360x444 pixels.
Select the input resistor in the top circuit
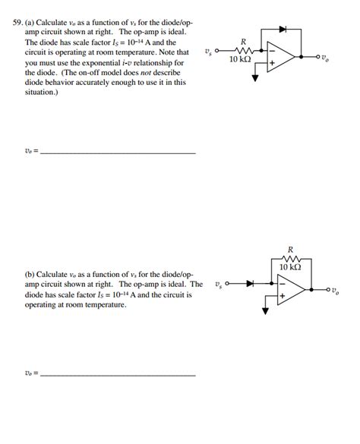[243, 51]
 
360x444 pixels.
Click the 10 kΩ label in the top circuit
[240, 60]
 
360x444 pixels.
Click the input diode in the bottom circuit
[248, 284]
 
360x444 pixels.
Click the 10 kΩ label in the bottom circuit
[290, 267]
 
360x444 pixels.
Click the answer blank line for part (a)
[118, 153]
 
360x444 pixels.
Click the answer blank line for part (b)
[118, 375]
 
